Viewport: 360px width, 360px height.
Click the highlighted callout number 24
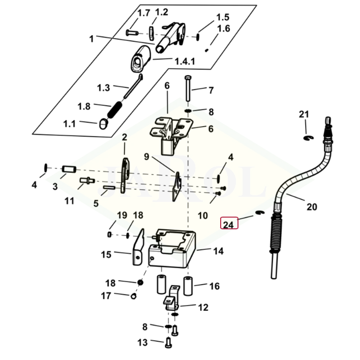(229, 224)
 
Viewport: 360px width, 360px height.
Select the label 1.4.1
(185, 61)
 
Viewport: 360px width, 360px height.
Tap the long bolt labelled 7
(188, 91)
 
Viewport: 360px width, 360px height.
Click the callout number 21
(304, 114)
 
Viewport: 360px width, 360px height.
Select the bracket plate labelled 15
(136, 251)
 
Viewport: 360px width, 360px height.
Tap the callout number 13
(142, 342)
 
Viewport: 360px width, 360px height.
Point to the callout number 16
(215, 286)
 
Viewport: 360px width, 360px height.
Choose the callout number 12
(203, 307)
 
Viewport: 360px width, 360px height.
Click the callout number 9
(147, 157)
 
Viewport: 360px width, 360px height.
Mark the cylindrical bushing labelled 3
(68, 169)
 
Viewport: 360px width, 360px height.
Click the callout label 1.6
(224, 29)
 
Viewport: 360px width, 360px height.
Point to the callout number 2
(124, 137)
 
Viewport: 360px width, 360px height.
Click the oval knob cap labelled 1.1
(104, 123)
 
